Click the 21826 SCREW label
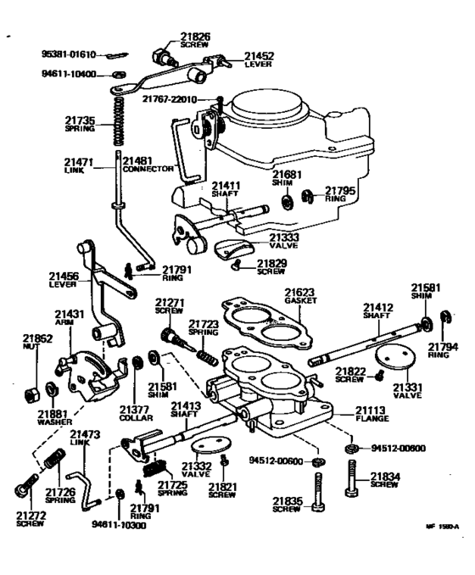click(195, 40)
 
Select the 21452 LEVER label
click(260, 59)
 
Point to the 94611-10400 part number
click(70, 75)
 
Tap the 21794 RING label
click(443, 350)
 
